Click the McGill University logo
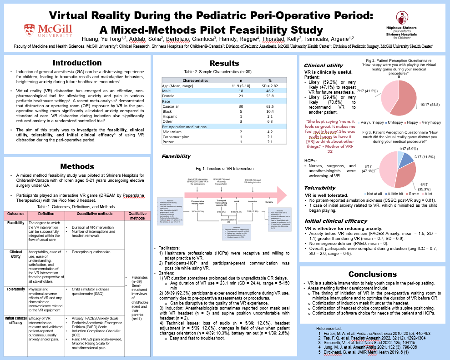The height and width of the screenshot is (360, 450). tap(48, 30)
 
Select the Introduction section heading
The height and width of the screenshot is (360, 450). tap(77, 63)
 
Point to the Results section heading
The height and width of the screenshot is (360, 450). tap(224, 63)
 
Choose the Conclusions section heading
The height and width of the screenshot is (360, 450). tap(373, 274)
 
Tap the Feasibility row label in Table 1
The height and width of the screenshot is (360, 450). tap(16, 223)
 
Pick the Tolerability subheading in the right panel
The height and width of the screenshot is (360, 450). tap(320, 187)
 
